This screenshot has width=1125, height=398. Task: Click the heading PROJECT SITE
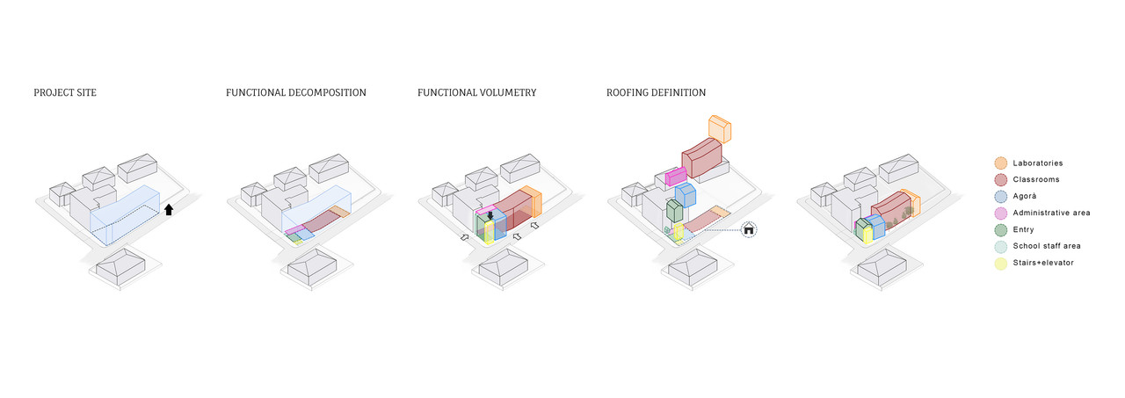[x=65, y=92]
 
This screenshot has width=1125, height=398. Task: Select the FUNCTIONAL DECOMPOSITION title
[x=296, y=92]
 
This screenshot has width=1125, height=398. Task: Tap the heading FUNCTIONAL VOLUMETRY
[x=476, y=92]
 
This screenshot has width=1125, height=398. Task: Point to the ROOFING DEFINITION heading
[x=656, y=92]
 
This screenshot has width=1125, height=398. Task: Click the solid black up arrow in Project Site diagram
[x=169, y=209]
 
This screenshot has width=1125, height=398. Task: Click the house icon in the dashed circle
[x=749, y=230]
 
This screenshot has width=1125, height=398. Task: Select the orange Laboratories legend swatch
[x=1000, y=163]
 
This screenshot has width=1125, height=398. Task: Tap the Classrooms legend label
[x=1035, y=180]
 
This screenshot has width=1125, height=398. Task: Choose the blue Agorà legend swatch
[x=1000, y=197]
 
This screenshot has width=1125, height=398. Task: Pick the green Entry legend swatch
[x=1000, y=229]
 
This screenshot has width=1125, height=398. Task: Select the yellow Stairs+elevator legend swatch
[x=1000, y=263]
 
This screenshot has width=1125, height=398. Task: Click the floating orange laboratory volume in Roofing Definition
[x=720, y=129]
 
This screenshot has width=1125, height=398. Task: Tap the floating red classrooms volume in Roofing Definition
[x=702, y=156]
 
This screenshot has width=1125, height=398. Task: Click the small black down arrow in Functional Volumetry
[x=490, y=215]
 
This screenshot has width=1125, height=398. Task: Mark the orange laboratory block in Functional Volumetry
[x=532, y=202]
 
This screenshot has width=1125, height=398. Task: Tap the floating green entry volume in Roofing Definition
[x=674, y=211]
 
